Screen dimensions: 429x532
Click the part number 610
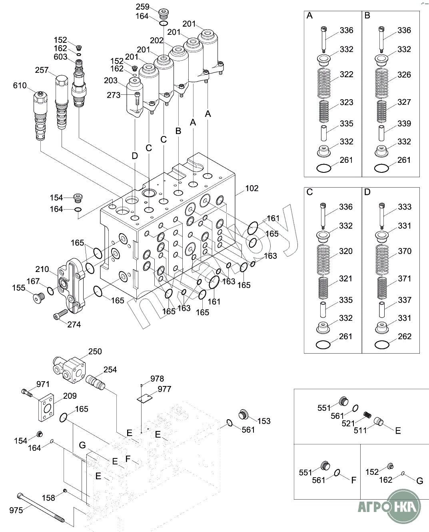(x=20, y=86)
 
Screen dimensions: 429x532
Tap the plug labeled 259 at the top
(x=164, y=14)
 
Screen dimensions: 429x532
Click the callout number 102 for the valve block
(x=251, y=188)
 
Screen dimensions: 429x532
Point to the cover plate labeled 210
(x=72, y=286)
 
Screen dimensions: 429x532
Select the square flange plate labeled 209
(x=46, y=408)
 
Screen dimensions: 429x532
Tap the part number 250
(x=95, y=351)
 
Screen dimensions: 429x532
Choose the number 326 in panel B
(x=404, y=75)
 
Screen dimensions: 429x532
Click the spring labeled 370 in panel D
(x=382, y=260)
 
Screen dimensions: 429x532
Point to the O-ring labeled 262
(x=382, y=345)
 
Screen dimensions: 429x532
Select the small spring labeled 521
(x=367, y=415)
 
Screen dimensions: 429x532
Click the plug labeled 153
(x=243, y=414)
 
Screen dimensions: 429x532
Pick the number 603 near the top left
(x=60, y=57)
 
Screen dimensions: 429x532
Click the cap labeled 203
(x=135, y=97)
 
